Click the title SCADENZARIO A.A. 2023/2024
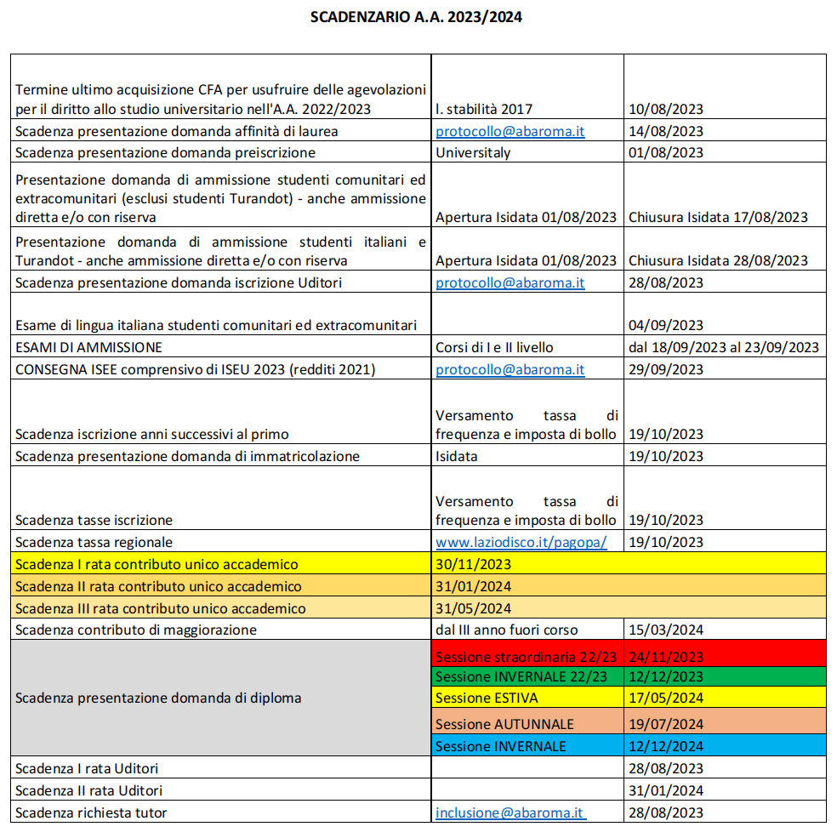point(416,17)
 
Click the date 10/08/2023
point(666,110)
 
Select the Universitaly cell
point(474,153)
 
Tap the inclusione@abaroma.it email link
point(510,812)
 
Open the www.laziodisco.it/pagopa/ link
point(521,542)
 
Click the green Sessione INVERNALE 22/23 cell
point(521,677)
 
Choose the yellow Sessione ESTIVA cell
point(487,698)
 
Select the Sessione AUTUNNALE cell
point(504,725)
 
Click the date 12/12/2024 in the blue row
point(666,746)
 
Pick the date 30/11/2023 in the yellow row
point(473,564)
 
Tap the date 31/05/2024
point(473,608)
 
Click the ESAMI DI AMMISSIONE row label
point(88,347)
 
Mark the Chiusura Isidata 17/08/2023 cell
point(718,217)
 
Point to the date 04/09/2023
point(666,325)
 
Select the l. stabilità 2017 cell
point(484,110)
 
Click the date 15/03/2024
point(666,630)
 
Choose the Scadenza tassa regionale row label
point(94,542)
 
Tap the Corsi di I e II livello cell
point(494,347)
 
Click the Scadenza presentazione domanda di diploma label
point(158,698)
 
